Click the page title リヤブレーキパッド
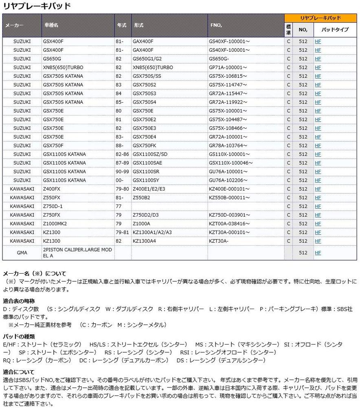click(x=37, y=6)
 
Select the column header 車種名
click(x=51, y=25)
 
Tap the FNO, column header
click(x=215, y=25)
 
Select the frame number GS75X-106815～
click(x=228, y=76)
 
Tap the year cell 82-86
click(x=122, y=154)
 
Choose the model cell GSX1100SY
click(x=145, y=180)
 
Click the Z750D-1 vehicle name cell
click(x=53, y=206)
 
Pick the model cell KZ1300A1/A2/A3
click(x=152, y=233)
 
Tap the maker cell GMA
click(x=22, y=252)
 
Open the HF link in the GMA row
click(x=318, y=253)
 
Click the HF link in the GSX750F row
click(x=318, y=146)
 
